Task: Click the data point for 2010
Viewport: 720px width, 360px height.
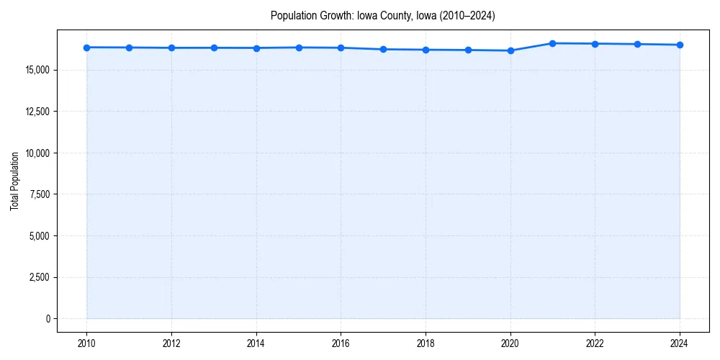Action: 86,48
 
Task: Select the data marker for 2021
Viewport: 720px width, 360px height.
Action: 553,43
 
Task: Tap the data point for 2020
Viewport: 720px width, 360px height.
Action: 510,50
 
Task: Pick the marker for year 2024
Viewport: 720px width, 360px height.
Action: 680,45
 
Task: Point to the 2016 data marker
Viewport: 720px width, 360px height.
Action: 341,48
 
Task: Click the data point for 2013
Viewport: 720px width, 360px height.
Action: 214,48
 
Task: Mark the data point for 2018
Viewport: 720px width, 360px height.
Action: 426,50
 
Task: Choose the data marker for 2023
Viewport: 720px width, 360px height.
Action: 637,44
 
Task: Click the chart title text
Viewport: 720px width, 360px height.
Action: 382,15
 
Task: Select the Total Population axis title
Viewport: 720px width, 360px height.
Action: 14,181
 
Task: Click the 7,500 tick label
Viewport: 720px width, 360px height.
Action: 37,194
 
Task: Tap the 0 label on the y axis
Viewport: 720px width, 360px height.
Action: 48,319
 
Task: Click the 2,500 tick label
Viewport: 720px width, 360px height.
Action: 37,277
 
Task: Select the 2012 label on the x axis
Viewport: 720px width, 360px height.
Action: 171,343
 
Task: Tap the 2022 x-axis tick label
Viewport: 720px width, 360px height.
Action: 595,343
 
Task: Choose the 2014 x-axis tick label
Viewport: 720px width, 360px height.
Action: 256,343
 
